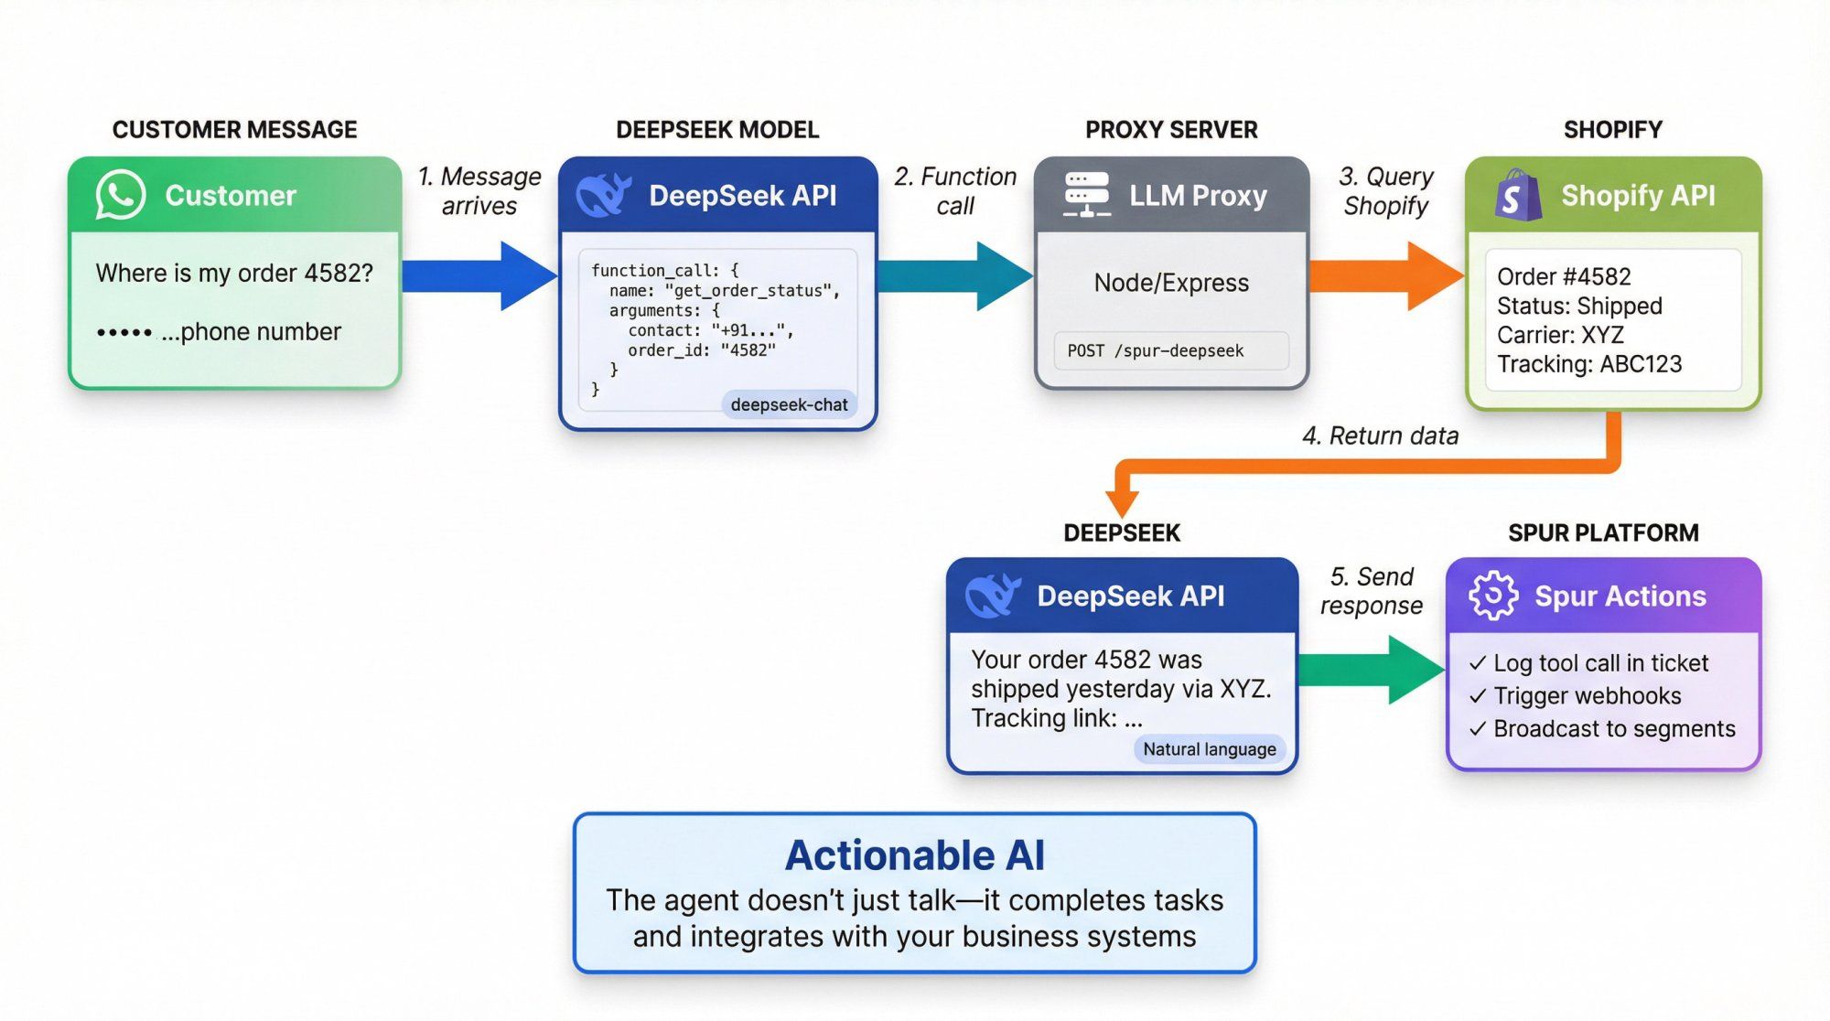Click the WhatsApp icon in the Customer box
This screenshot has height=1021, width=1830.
pyautogui.click(x=120, y=195)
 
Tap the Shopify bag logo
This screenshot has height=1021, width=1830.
pyautogui.click(x=1518, y=195)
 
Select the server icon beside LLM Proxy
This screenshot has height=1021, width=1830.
pyautogui.click(x=1087, y=195)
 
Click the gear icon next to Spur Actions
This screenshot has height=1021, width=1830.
pyautogui.click(x=1492, y=596)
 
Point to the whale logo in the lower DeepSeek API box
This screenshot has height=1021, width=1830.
pyautogui.click(x=993, y=596)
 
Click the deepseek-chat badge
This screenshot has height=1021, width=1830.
pyautogui.click(x=789, y=404)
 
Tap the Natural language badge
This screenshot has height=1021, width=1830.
pyautogui.click(x=1209, y=749)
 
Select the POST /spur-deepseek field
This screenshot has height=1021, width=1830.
pyautogui.click(x=1170, y=350)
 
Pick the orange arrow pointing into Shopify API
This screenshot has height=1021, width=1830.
pyautogui.click(x=1386, y=275)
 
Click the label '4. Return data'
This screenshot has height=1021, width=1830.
pyautogui.click(x=1380, y=435)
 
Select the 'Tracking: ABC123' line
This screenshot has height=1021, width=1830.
pyautogui.click(x=1589, y=364)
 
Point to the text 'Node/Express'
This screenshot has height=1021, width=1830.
pyautogui.click(x=1171, y=283)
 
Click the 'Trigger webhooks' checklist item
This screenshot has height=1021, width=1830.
pyautogui.click(x=1587, y=696)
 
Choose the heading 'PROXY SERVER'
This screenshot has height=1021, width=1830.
pyautogui.click(x=1171, y=130)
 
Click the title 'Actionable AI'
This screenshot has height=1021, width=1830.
pyautogui.click(x=914, y=855)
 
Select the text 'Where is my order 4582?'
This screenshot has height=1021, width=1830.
pyautogui.click(x=234, y=273)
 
